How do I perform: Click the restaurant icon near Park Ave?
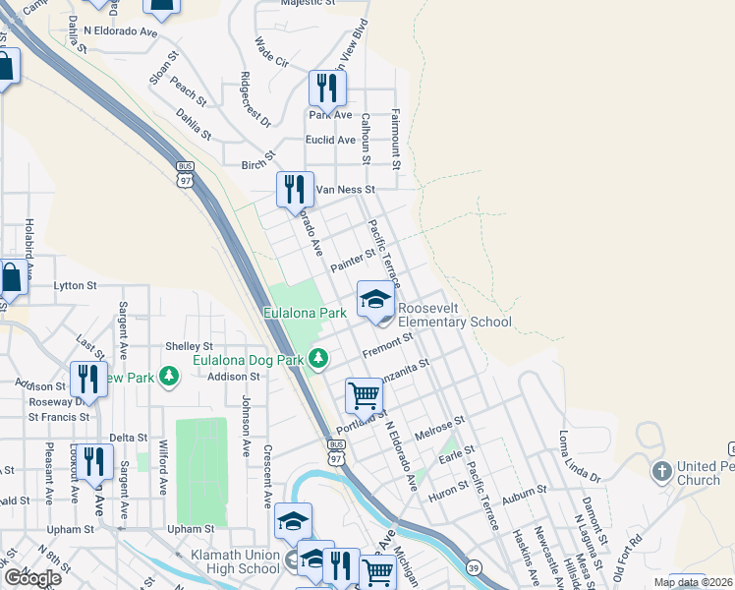(x=327, y=88)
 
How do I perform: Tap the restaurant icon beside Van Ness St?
(x=295, y=189)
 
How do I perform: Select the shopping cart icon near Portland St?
(x=364, y=395)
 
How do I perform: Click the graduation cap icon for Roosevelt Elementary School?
(x=375, y=299)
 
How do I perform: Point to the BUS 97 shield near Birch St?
(x=186, y=174)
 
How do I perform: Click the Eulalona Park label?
(x=306, y=313)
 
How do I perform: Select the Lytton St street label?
(x=75, y=285)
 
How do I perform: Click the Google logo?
(x=31, y=577)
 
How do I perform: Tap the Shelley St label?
(x=189, y=346)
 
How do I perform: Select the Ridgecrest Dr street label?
(x=254, y=101)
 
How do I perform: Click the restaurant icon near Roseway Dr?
(x=89, y=379)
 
